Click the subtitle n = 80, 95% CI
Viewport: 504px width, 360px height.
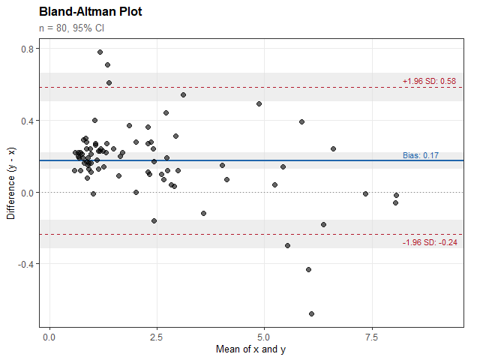click(x=72, y=28)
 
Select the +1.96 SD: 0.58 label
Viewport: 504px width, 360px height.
click(x=429, y=81)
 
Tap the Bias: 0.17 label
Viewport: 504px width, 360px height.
click(x=420, y=155)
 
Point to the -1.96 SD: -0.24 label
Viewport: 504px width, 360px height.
click(x=430, y=242)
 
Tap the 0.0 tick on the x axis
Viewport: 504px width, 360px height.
click(x=49, y=338)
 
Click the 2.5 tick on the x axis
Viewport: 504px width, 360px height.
click(x=157, y=338)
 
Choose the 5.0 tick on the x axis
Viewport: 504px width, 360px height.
click(x=264, y=338)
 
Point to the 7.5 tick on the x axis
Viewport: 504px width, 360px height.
click(x=370, y=338)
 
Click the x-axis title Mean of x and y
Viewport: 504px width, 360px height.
click(x=251, y=349)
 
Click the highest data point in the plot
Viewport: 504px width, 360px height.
click(x=100, y=52)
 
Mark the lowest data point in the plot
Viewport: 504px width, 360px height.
click(x=311, y=313)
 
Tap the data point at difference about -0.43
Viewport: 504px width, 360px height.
click(x=308, y=270)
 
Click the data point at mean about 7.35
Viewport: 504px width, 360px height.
click(x=365, y=193)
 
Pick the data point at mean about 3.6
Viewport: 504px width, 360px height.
click(x=203, y=213)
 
